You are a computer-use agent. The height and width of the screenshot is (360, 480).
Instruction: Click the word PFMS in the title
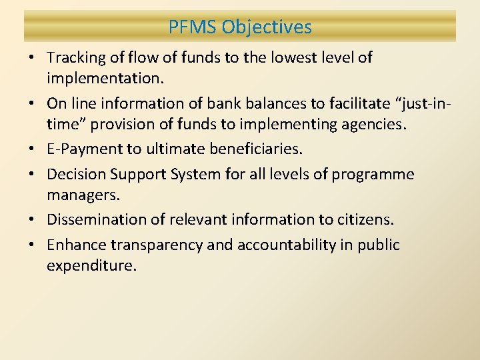[193, 27]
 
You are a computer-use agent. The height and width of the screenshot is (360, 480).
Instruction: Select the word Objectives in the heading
[267, 27]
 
